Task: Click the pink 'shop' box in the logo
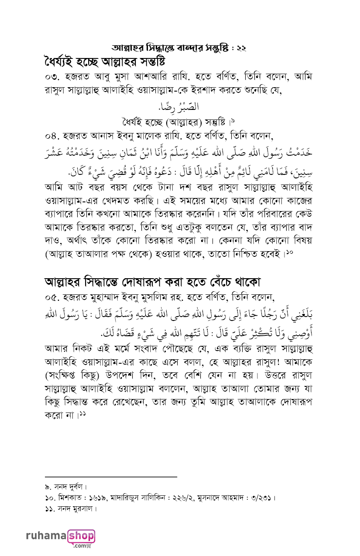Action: (81, 536)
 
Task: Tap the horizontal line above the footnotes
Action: (111, 477)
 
